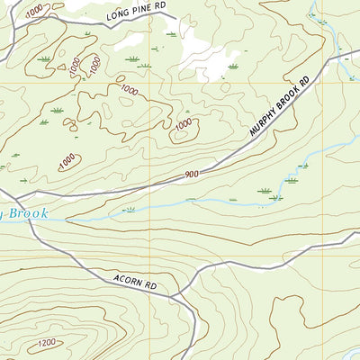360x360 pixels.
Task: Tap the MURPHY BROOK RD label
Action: (280, 107)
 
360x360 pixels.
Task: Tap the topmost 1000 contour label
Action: (34, 8)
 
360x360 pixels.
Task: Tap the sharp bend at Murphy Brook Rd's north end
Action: (328, 60)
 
